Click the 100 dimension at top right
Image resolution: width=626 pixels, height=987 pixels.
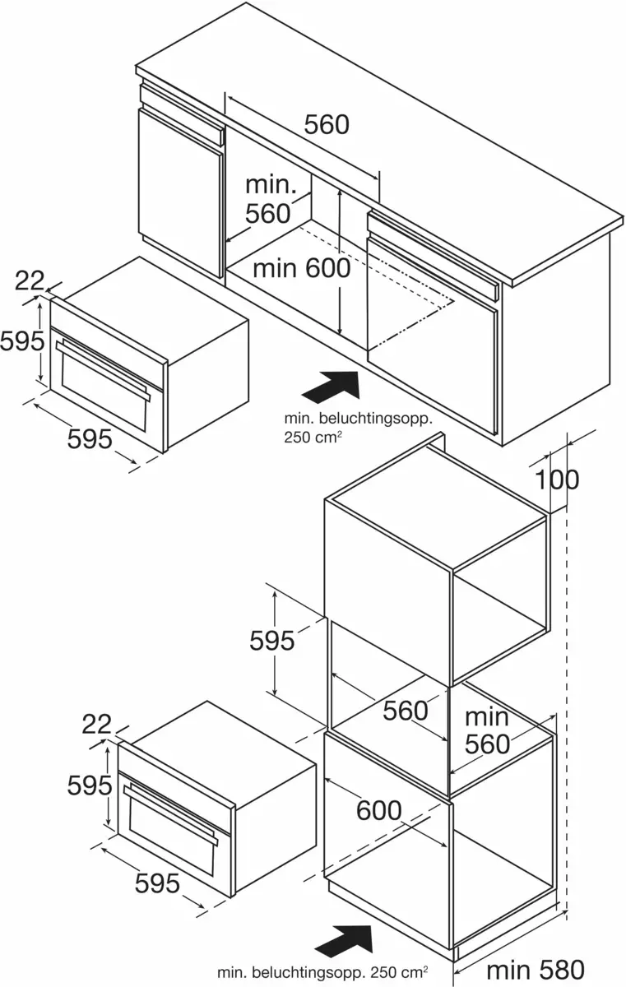[x=559, y=479]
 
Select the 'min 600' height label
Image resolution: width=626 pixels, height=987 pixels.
[x=301, y=267]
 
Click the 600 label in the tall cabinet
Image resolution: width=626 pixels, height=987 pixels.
[x=378, y=810]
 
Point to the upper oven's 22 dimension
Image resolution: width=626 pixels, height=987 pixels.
[x=29, y=281]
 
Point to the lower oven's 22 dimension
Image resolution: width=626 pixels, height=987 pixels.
[x=96, y=724]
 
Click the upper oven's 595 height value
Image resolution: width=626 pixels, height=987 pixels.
[x=21, y=341]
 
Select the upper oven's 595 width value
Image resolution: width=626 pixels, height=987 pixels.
[x=89, y=439]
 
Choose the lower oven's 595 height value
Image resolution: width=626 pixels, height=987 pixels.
[x=89, y=785]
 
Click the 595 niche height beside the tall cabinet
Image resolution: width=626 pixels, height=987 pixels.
[x=271, y=640]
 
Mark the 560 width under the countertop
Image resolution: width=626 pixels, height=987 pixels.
[x=327, y=124]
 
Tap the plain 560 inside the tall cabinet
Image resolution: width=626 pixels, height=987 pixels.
[x=406, y=710]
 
